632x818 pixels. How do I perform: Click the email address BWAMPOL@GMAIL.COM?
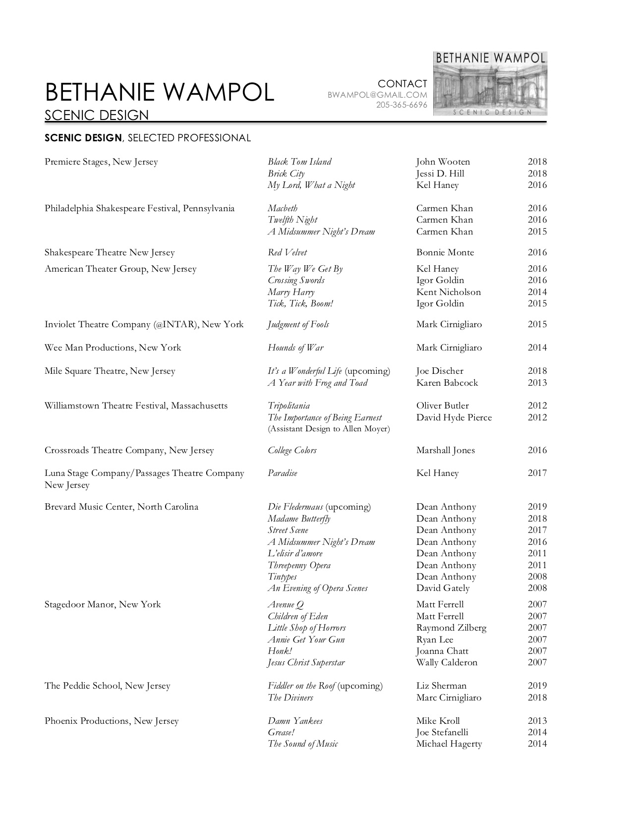(x=377, y=95)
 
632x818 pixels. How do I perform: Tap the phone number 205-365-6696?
(x=402, y=105)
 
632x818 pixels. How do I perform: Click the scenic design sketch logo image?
(x=490, y=84)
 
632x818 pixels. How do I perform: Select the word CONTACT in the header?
(x=402, y=84)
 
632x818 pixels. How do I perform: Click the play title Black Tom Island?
(x=299, y=162)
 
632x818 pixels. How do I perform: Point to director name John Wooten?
(x=443, y=162)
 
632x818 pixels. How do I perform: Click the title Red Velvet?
(x=287, y=252)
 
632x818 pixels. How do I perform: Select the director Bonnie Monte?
(x=445, y=252)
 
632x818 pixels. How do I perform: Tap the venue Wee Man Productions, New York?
(x=113, y=348)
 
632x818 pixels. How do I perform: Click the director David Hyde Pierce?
(x=454, y=417)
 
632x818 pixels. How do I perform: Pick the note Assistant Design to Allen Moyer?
(x=329, y=429)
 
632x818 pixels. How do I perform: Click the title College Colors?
(x=292, y=450)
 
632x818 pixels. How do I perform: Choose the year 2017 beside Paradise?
(x=537, y=473)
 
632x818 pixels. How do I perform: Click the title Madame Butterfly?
(x=299, y=519)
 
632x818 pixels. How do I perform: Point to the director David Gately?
(x=443, y=588)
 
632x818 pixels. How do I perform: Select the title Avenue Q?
(x=286, y=604)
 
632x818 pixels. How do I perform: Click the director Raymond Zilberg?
(x=451, y=628)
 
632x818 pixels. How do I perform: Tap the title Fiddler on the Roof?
(x=301, y=686)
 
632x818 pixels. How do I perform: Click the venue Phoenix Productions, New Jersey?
(x=112, y=721)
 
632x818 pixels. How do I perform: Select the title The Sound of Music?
(x=303, y=744)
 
